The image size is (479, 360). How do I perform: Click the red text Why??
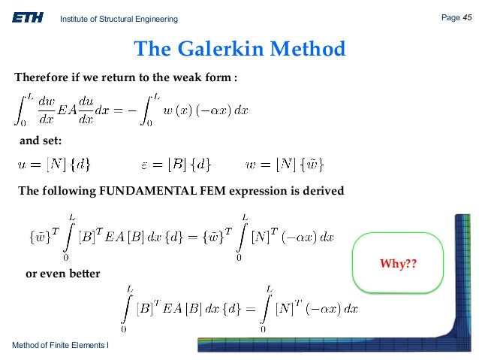click(x=399, y=266)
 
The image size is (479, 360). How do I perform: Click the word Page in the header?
click(x=450, y=17)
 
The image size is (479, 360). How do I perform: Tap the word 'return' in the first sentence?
click(x=114, y=77)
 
